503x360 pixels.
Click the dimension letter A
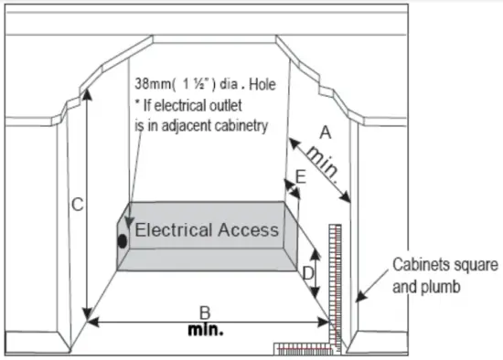[324, 132]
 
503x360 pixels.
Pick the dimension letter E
[301, 179]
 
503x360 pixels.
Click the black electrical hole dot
[122, 242]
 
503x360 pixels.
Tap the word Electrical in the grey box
[176, 230]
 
